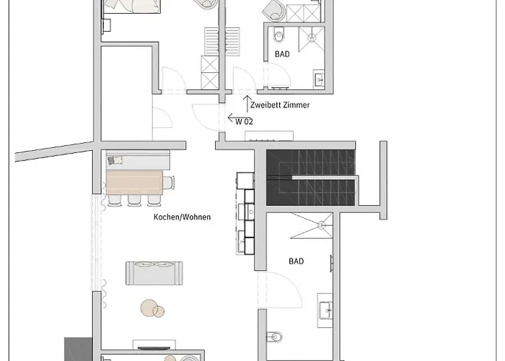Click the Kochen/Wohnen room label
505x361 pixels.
click(x=182, y=217)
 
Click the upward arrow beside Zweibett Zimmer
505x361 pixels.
click(x=247, y=102)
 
